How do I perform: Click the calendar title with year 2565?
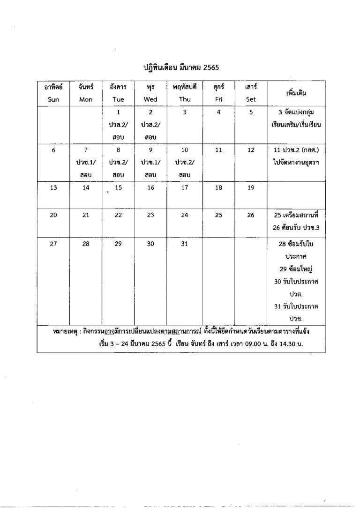click(x=181, y=67)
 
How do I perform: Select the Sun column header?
click(x=53, y=99)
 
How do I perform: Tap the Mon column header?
click(x=86, y=99)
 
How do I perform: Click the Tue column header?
click(x=118, y=99)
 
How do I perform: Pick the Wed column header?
click(x=150, y=99)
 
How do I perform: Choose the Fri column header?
click(x=218, y=99)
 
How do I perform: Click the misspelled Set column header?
click(x=251, y=99)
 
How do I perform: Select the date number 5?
click(x=251, y=112)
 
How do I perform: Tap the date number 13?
click(x=53, y=187)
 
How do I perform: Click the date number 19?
click(x=251, y=187)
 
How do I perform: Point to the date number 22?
click(x=118, y=215)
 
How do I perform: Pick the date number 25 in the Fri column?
click(x=218, y=215)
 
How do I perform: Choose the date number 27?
click(x=53, y=244)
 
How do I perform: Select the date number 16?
click(x=150, y=187)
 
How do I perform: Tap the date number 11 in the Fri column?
click(x=218, y=150)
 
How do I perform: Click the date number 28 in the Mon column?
click(x=86, y=244)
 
